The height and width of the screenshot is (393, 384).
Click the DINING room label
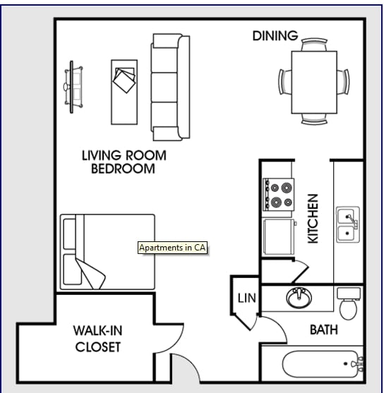coord(275,35)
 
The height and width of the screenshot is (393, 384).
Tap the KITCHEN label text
coord(313,219)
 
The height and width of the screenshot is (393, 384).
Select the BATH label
coord(324,329)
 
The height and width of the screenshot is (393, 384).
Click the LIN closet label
coord(247,298)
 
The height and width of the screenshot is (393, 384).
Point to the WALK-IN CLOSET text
coord(98,339)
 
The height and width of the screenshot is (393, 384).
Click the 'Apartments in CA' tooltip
coord(172,248)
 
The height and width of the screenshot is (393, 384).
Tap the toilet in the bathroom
coord(349,303)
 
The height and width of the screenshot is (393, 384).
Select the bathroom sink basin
coord(299,298)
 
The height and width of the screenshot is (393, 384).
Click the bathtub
coord(323,364)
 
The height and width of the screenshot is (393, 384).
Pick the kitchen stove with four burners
coord(278,195)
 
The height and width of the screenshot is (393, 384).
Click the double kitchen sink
coord(348,224)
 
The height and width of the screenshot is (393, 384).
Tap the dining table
coord(314,83)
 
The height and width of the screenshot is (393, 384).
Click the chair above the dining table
coord(314,44)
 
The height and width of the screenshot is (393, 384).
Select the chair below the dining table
coord(314,119)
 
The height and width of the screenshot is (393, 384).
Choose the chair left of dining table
coord(285,82)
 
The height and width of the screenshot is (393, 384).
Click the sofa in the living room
coord(170,87)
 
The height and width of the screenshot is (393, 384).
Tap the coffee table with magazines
coord(124,92)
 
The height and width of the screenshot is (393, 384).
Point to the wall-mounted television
coord(72,87)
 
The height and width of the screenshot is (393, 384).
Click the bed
coord(107,252)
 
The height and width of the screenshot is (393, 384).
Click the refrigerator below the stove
coord(279,236)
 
